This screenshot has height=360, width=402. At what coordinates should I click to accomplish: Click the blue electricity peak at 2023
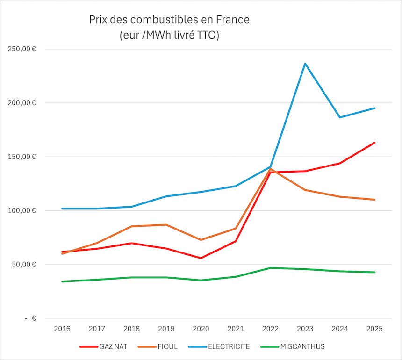305,64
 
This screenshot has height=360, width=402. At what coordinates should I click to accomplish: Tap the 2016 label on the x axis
62,329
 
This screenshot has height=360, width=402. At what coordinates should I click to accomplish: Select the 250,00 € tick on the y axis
22,49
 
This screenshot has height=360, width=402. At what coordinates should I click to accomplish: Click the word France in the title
232,20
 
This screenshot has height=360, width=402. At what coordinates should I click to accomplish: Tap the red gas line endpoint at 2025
375,143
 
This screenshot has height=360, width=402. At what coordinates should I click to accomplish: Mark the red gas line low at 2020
201,258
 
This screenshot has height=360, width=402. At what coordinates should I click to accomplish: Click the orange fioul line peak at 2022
271,169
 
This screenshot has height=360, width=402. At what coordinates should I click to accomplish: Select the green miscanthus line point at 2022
271,268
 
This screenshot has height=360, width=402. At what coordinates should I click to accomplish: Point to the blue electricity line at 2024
340,117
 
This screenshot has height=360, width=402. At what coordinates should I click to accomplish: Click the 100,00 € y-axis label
22,211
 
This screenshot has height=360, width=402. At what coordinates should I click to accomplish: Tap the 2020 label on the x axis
201,329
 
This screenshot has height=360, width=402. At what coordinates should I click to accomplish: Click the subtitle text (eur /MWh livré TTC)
169,36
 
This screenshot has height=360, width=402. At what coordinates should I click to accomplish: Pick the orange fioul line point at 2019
166,225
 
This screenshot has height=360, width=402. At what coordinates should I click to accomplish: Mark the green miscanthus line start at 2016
62,281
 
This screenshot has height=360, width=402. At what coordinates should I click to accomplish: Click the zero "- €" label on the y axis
30,318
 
